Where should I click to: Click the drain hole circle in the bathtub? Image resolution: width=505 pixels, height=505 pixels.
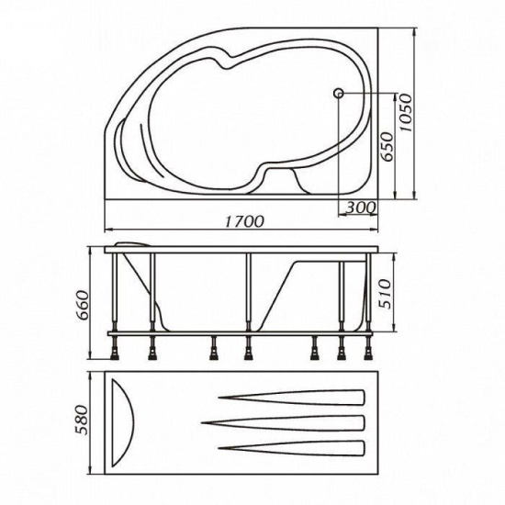pos(339,94)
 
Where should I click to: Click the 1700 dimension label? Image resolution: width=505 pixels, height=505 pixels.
pos(244,221)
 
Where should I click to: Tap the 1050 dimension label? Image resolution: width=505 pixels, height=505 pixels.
pos(405,113)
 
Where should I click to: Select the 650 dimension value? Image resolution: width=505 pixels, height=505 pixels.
pos(387,147)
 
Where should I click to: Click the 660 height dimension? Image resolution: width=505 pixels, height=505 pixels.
pos(82,305)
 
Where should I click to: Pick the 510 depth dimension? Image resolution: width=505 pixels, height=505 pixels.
pos(385,294)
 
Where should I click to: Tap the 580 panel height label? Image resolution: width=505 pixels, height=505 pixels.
pos(82,420)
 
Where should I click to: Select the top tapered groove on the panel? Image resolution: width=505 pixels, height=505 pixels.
pos(291,398)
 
